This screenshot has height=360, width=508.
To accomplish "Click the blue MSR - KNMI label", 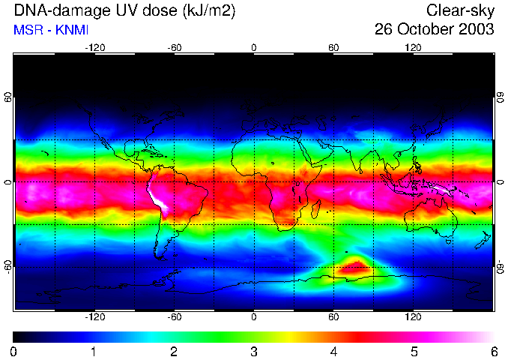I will click(46, 29).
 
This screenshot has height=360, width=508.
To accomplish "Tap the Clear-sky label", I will click(460, 10).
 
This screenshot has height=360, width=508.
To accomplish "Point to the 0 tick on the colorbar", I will click(14, 350).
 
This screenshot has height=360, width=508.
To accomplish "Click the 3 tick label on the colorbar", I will click(254, 350).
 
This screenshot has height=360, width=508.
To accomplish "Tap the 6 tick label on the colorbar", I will click(494, 350).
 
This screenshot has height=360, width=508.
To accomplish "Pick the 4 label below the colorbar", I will click(334, 350).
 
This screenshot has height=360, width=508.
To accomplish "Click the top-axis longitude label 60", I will click(334, 48).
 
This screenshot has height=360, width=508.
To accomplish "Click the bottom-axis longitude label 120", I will click(414, 317).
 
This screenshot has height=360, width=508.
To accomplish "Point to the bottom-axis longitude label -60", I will click(174, 317).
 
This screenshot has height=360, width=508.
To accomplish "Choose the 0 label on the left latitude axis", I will click(8, 182).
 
